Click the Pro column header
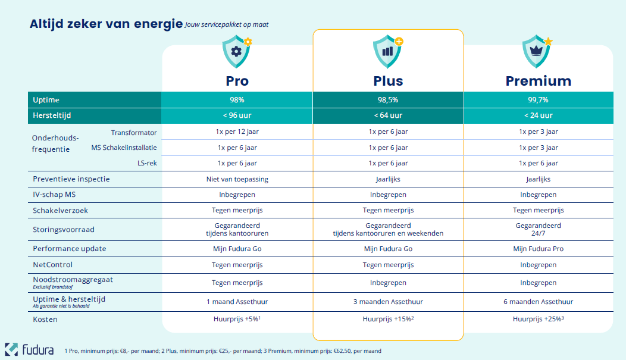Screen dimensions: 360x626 237,81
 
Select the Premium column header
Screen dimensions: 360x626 538,81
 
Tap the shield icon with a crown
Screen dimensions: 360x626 537,51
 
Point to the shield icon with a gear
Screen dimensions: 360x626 236,51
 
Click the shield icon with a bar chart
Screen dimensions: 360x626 387,51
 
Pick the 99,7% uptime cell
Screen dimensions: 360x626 538,100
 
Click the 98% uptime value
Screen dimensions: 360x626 237,100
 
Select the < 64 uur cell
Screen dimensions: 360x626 387,115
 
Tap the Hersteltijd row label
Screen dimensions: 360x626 52,115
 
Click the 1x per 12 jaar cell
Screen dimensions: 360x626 237,132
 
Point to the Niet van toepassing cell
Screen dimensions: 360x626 237,179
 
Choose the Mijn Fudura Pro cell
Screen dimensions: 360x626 538,249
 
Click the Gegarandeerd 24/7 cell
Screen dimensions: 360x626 538,230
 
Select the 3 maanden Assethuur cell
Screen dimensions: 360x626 387,302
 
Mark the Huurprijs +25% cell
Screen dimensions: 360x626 538,320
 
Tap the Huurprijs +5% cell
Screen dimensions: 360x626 237,320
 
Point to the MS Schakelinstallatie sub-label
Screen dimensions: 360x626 124,148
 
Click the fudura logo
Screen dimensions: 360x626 30,349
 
